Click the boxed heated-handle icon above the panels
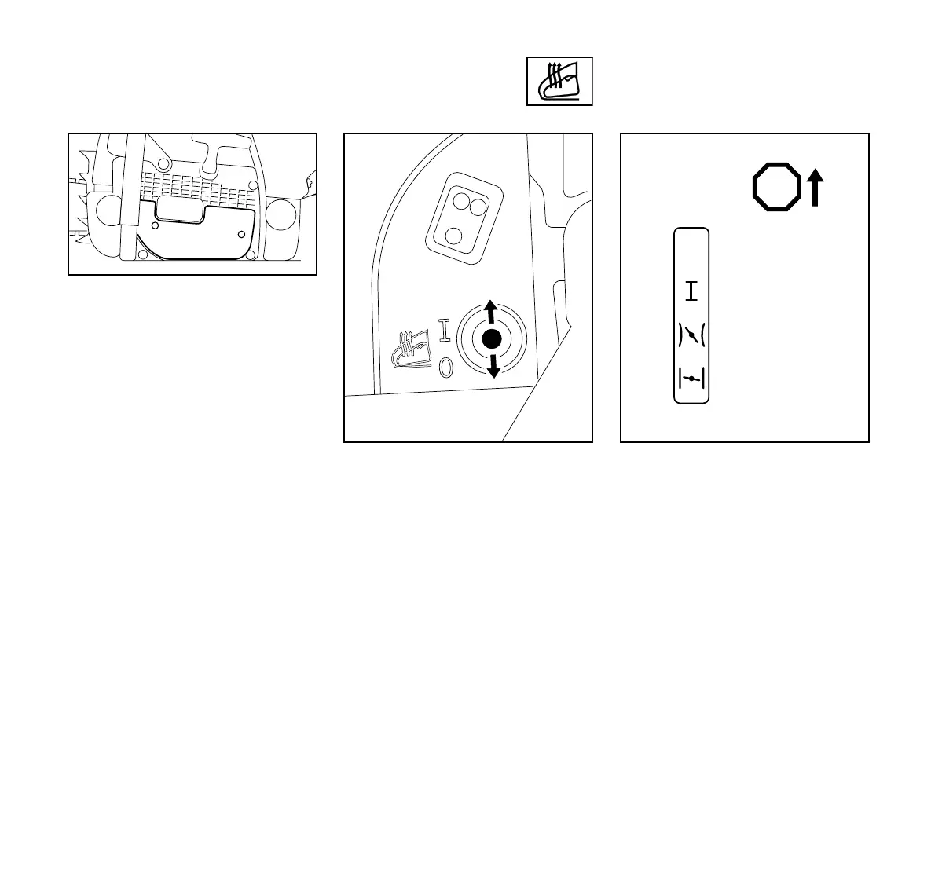coord(559,81)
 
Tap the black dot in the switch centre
coord(492,339)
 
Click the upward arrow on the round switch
coord(489,310)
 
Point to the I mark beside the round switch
coord(445,331)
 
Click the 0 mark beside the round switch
coord(445,367)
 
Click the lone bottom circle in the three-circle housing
coord(453,234)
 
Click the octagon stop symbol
coord(776,188)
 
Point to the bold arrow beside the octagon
coord(816,188)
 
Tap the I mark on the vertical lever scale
coord(691,292)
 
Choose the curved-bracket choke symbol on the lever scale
coord(691,335)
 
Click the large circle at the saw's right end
coord(281,214)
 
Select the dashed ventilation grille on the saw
coord(196,186)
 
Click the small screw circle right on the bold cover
coord(241,234)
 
